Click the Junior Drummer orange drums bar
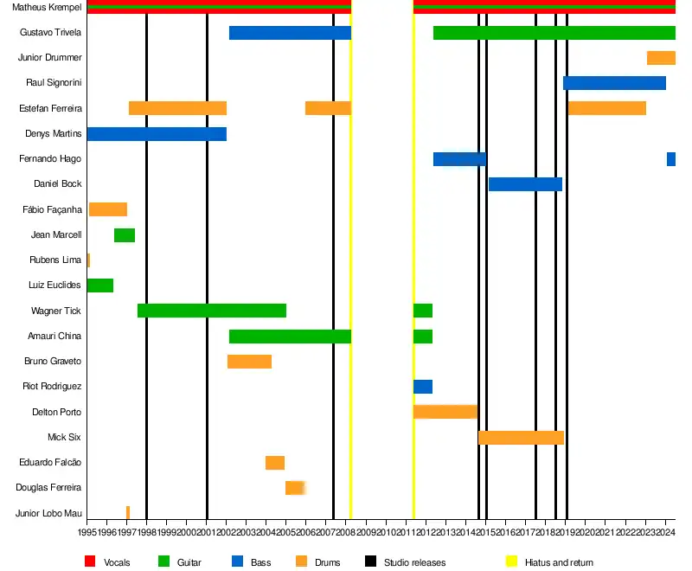tap(661, 58)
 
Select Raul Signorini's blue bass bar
tap(614, 83)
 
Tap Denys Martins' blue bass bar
tap(157, 134)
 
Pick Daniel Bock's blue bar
tap(525, 184)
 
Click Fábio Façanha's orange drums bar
tap(108, 209)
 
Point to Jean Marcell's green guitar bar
tap(125, 235)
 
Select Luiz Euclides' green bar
tap(100, 285)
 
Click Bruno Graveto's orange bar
tap(249, 362)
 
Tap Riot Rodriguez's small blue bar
tap(423, 387)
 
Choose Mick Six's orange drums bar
tap(521, 438)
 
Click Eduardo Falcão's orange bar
tap(275, 463)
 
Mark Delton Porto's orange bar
tap(445, 412)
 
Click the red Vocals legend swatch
tap(90, 562)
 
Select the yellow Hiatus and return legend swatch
tap(511, 562)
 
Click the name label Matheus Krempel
tap(48, 8)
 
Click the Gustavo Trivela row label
tap(51, 33)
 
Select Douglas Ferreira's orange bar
tap(295, 488)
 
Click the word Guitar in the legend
tap(189, 562)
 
